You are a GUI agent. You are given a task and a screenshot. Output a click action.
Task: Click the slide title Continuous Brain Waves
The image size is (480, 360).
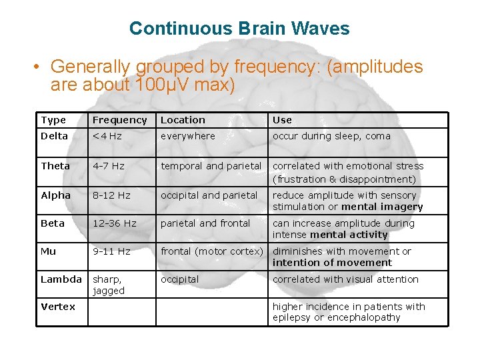point(239,29)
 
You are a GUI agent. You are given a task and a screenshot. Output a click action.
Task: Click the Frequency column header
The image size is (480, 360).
point(119,120)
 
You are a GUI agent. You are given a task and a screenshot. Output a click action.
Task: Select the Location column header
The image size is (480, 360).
point(183,120)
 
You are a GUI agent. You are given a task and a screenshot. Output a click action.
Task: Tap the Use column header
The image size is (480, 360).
point(282,120)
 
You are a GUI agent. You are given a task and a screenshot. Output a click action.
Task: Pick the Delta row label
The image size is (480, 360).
point(54,136)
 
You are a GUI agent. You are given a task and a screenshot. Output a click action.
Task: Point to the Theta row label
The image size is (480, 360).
point(55,166)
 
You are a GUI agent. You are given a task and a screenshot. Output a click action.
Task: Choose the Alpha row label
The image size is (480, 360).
point(55,195)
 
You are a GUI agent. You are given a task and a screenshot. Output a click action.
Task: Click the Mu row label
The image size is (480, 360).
point(48,251)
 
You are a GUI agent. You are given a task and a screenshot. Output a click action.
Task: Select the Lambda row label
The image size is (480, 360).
point(61,279)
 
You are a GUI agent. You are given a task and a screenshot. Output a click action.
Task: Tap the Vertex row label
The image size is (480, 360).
point(58,307)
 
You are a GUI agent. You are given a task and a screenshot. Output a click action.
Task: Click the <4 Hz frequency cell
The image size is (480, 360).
point(107,136)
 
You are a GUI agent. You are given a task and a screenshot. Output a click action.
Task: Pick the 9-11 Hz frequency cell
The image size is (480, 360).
point(111,251)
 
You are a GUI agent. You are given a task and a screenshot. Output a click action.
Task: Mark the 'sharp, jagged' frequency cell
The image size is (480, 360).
point(109,285)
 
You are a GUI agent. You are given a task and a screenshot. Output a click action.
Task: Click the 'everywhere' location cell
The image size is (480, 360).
point(187,136)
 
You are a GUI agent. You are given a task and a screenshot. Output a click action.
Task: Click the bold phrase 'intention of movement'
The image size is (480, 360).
point(332,263)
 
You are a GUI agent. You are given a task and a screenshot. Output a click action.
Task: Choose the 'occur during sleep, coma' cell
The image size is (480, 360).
point(331,136)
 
